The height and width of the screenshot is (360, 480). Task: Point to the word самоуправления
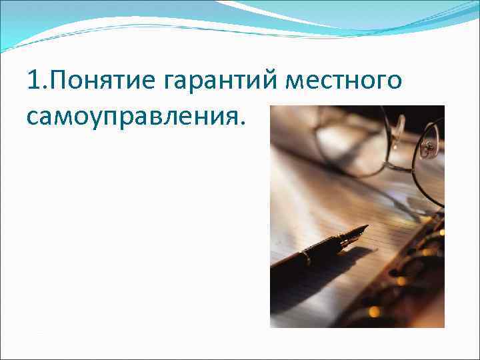129,118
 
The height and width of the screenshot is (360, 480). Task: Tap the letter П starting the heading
51,82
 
